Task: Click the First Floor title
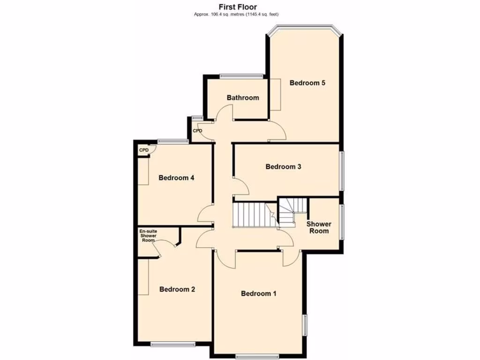[238, 7]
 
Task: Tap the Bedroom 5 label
[307, 83]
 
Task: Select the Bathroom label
[243, 98]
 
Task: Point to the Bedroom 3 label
[283, 166]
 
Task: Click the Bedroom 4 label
[176, 178]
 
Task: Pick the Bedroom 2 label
[177, 289]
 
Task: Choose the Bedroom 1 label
[259, 293]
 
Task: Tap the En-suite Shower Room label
[148, 236]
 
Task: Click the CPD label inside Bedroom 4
[143, 150]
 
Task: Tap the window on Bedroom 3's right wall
[341, 171]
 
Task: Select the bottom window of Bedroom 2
[173, 344]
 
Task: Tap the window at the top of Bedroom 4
[172, 141]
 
